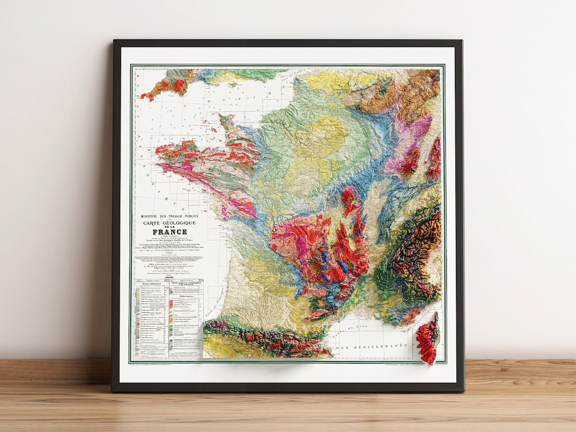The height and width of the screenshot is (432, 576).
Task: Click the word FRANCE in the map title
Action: click(x=170, y=232)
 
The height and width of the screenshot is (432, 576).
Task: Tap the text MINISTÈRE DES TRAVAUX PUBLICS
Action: click(x=169, y=216)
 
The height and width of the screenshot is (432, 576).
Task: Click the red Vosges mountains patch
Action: click(x=411, y=163)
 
